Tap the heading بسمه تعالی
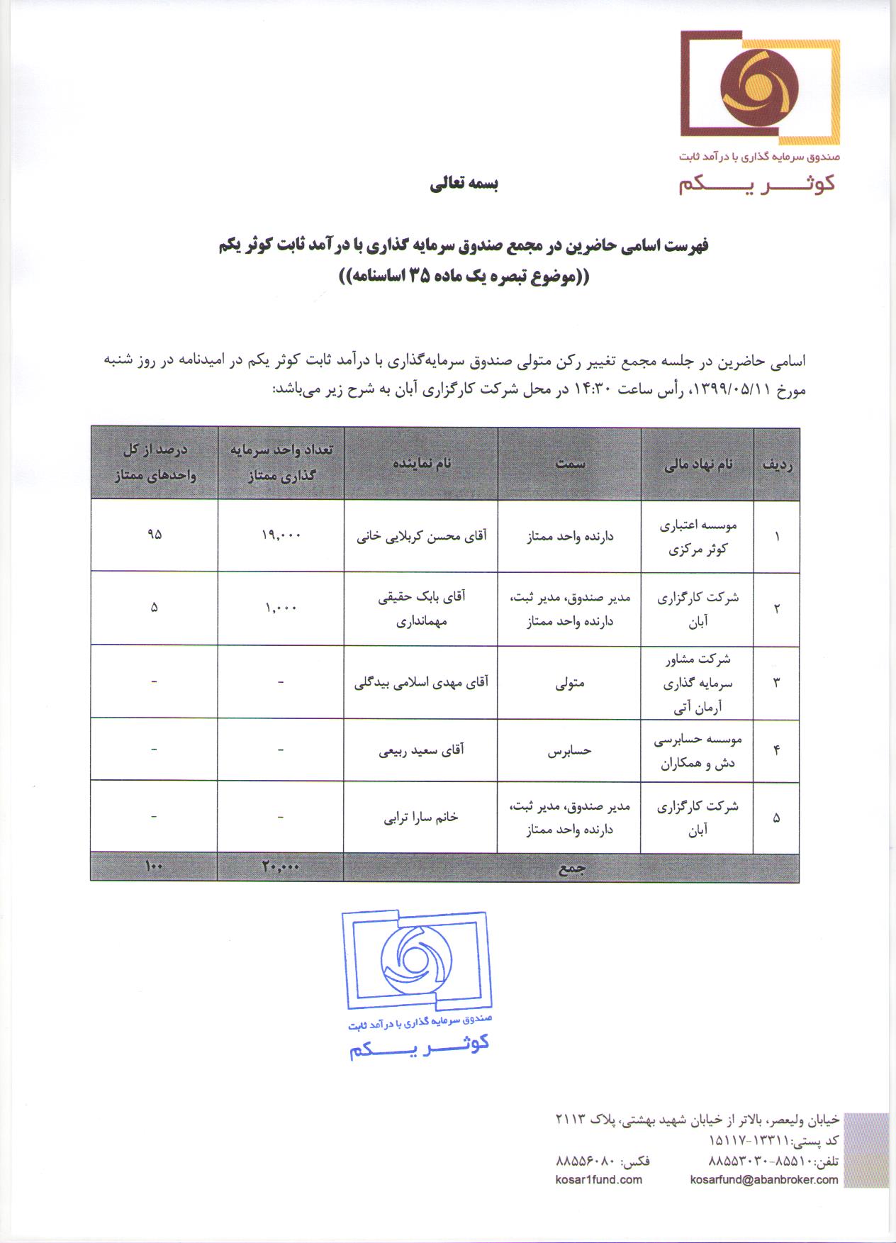464,184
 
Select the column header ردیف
777,464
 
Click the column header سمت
570,464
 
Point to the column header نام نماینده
422,464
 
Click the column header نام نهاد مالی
698,464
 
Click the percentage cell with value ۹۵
155,535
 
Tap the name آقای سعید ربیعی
422,749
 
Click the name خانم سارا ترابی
422,817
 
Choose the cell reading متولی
570,683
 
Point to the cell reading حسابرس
570,751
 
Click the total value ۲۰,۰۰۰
281,867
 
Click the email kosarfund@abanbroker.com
763,1180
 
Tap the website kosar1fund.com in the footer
599,1180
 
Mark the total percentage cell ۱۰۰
155,866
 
